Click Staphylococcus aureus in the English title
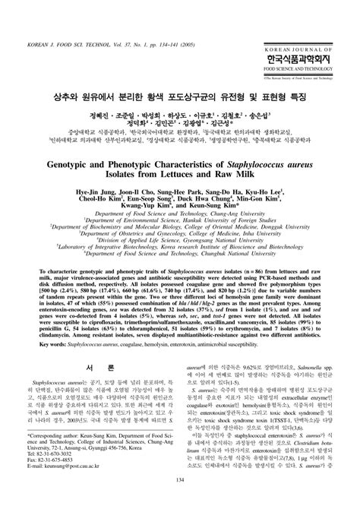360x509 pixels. point(251,151)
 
